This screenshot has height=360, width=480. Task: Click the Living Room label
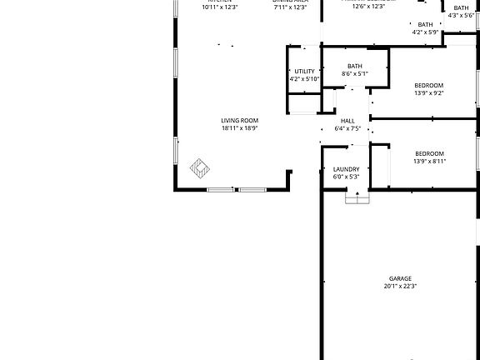tap(240, 120)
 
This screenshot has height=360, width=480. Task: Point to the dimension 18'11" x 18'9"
tap(240, 128)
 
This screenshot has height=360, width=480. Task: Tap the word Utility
tap(305, 72)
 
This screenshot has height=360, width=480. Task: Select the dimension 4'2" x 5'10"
tap(305, 79)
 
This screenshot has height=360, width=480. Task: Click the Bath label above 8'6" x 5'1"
tap(355, 67)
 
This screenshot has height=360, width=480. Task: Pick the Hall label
tap(347, 121)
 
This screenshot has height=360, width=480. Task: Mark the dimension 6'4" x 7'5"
tap(347, 128)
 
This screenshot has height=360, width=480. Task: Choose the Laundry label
tap(346, 169)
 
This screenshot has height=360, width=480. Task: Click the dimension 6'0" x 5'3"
tap(346, 177)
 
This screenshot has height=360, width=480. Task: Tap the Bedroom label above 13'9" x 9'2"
tap(429, 85)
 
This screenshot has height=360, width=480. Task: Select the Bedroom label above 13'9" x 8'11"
tap(429, 153)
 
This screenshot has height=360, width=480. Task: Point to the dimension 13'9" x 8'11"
tap(429, 161)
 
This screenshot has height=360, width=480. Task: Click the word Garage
tap(400, 278)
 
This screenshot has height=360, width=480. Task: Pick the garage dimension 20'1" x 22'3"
tap(400, 286)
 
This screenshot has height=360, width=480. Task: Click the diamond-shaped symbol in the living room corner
tap(201, 168)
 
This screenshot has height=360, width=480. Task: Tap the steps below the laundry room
tap(357, 198)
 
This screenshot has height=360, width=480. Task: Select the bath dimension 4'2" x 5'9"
tap(425, 32)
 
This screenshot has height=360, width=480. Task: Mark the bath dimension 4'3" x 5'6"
tap(461, 15)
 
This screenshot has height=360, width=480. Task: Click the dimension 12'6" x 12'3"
tap(368, 6)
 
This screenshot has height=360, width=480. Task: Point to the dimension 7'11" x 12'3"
tap(290, 7)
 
